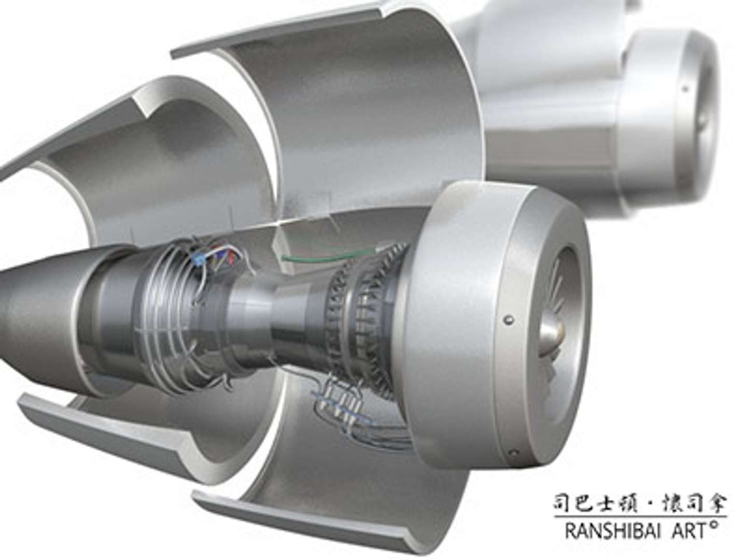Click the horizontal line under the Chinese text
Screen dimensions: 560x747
(640, 516)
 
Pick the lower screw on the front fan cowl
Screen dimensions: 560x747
(514, 452)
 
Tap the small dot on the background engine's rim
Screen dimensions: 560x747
(685, 89)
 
